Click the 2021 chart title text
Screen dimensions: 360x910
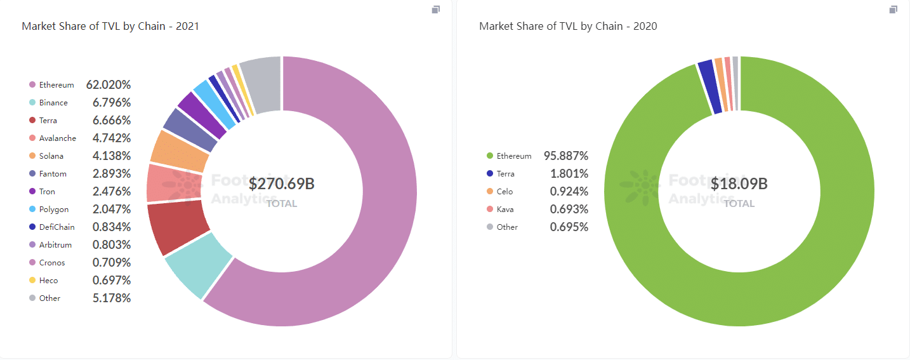click(110, 26)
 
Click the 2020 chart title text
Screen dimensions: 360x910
click(568, 26)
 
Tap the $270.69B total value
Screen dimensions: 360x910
click(281, 184)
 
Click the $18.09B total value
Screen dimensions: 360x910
click(739, 184)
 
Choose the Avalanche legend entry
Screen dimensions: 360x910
click(57, 138)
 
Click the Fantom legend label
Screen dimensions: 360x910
click(53, 173)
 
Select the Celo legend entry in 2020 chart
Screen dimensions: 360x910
click(504, 191)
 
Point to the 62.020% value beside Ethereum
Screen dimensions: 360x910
click(109, 84)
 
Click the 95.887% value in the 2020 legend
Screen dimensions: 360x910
click(566, 156)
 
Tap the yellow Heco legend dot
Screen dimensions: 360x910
click(32, 280)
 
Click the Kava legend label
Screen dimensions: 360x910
click(505, 209)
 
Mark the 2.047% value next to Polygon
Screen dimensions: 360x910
click(112, 209)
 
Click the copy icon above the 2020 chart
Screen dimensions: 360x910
click(893, 10)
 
